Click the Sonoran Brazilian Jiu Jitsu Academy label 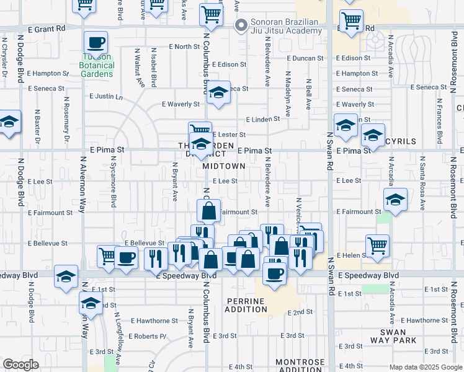[x=284, y=27]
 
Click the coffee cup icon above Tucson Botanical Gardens [x=96, y=43]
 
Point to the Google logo [x=20, y=365]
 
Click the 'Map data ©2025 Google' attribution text [x=426, y=367]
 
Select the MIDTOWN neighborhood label [x=223, y=166]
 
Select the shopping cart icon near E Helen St [x=377, y=245]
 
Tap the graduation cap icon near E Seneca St [x=218, y=92]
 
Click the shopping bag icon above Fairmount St [x=209, y=210]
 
